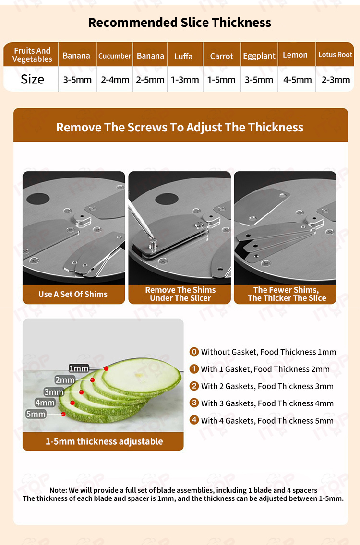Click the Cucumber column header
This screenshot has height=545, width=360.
pos(114,56)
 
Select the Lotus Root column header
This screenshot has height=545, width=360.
pos(335,55)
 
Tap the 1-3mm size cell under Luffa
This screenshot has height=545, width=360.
pos(185,80)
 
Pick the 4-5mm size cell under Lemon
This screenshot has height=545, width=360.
pos(297,80)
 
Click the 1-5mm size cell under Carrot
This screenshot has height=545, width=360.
pos(221,80)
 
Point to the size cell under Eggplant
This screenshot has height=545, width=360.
pos(259,80)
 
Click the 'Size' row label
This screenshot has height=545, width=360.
pos(32,79)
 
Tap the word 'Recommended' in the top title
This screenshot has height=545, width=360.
pos(133,23)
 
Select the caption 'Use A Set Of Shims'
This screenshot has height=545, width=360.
pos(73,294)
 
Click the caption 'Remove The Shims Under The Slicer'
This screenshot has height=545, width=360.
pos(180,294)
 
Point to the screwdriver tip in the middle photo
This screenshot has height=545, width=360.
pos(152,238)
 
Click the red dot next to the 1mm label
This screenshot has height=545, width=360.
pos(106,368)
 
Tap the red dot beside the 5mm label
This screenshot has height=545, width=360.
pos(63,414)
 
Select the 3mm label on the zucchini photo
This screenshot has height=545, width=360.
pos(54,392)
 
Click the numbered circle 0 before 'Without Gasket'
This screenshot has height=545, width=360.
pos(194,352)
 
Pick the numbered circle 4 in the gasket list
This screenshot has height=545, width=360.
pos(194,420)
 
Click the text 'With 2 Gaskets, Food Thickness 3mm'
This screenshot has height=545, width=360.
pos(267,386)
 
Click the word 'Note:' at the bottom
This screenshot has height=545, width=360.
pos(58,490)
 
